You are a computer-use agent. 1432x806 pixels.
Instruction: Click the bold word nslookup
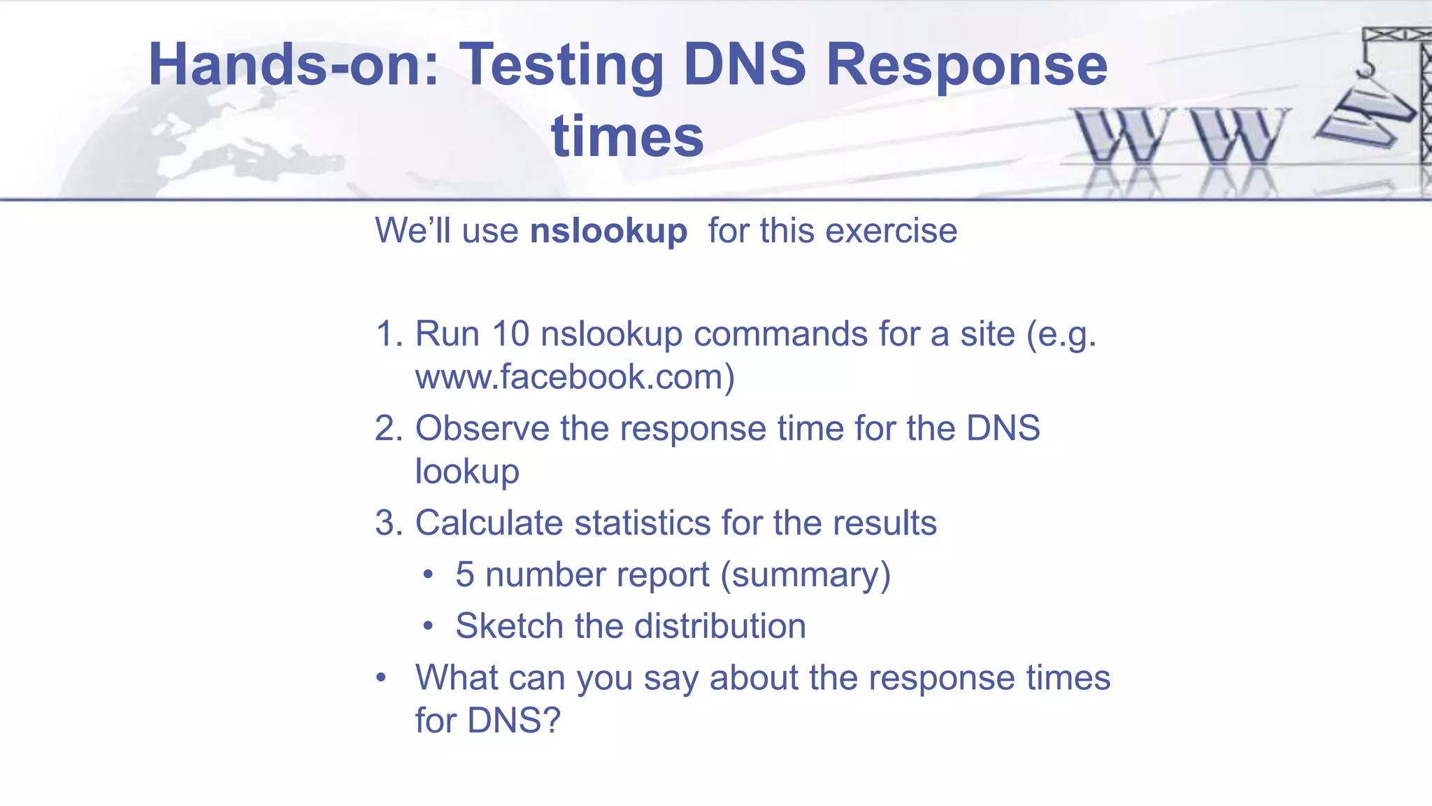click(608, 232)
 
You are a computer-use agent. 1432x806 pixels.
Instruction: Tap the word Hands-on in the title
click(294, 65)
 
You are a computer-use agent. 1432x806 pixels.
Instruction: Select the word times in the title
click(627, 136)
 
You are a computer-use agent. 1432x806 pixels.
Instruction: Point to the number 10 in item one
click(510, 334)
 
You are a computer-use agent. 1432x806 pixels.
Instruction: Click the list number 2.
click(389, 428)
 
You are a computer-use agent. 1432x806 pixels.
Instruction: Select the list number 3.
click(389, 523)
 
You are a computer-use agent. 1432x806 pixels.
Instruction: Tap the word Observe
click(482, 428)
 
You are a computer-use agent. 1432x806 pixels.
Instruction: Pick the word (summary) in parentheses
click(805, 575)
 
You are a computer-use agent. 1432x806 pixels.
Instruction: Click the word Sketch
click(509, 625)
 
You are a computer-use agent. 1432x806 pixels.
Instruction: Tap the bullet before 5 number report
click(428, 575)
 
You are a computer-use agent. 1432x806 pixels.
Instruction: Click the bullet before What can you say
click(381, 678)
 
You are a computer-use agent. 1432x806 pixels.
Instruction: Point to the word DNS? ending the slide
click(514, 721)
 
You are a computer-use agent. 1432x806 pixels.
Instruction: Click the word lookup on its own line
click(467, 472)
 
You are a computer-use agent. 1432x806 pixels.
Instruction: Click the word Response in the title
click(967, 65)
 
